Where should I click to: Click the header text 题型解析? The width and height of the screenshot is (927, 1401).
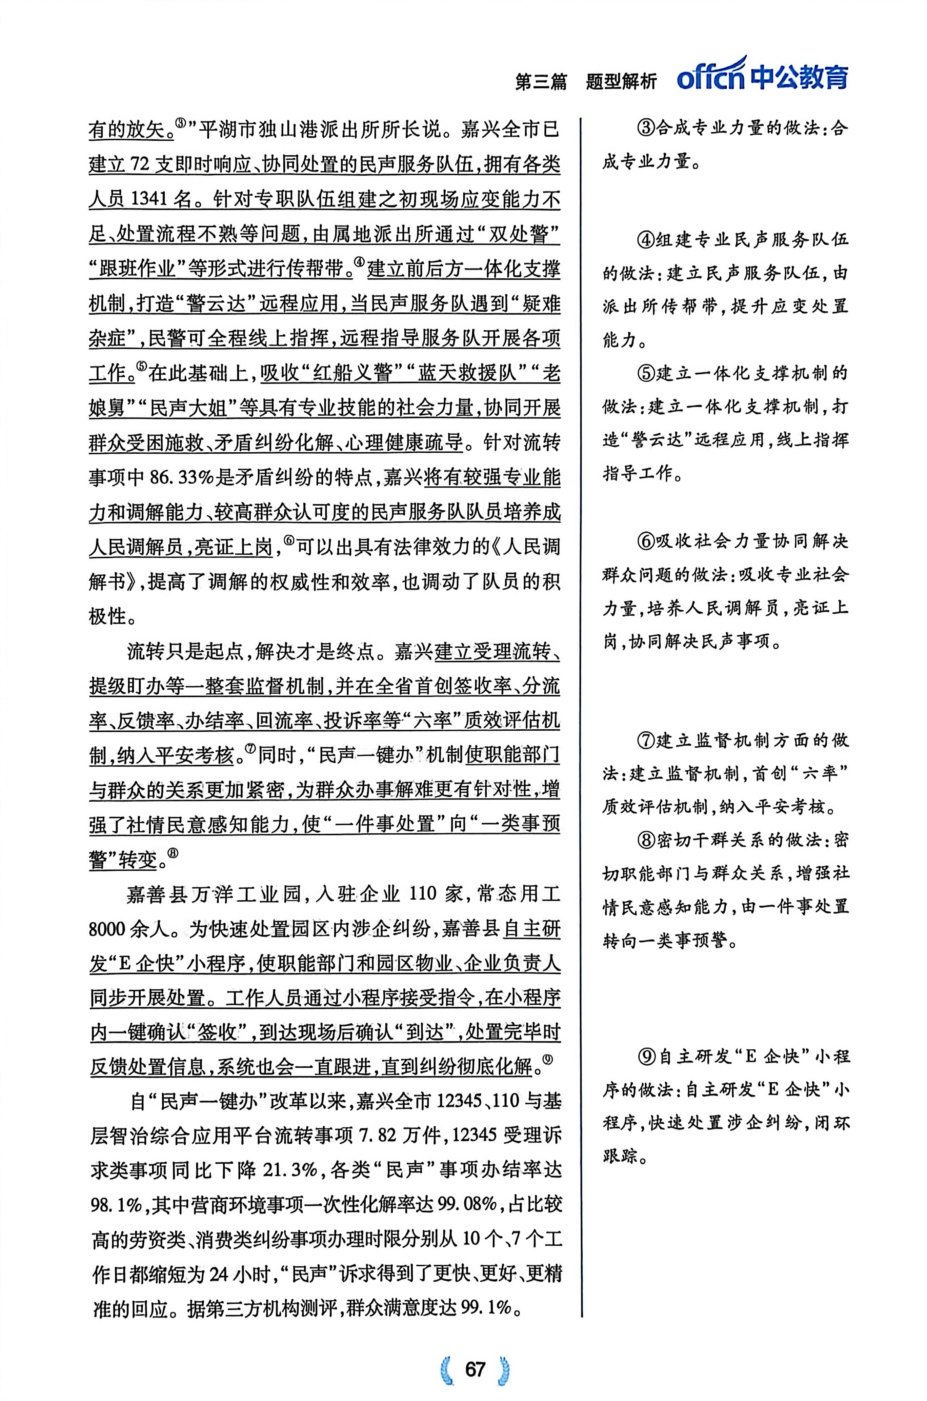coord(621,81)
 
